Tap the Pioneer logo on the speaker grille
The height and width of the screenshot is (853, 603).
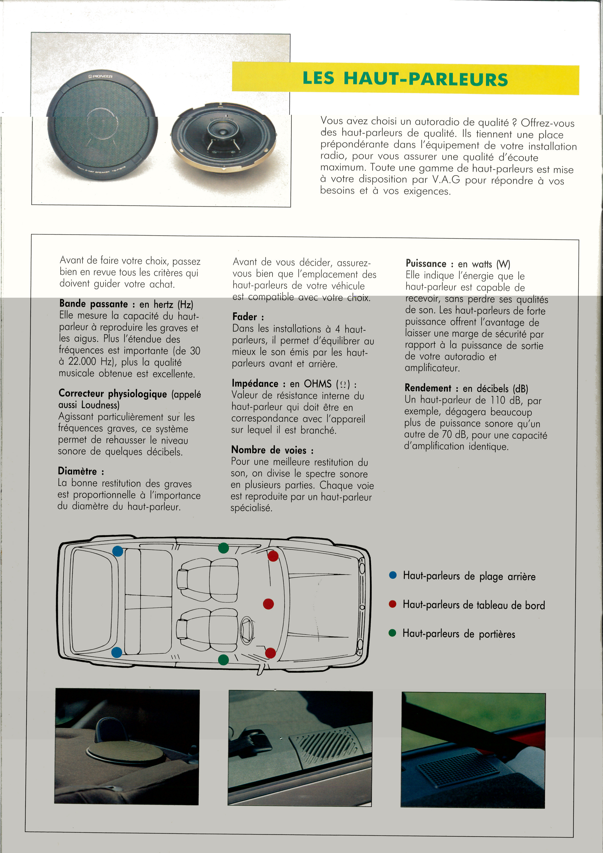click(x=100, y=76)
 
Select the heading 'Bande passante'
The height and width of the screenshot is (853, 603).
click(x=94, y=304)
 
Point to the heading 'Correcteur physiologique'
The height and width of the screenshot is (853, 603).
click(x=113, y=394)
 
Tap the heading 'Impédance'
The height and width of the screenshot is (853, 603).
click(x=255, y=383)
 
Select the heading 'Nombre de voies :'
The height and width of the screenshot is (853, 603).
click(x=272, y=450)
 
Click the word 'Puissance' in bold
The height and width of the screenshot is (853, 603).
click(x=426, y=264)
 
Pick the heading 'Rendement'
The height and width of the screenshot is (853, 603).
click(x=428, y=388)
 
